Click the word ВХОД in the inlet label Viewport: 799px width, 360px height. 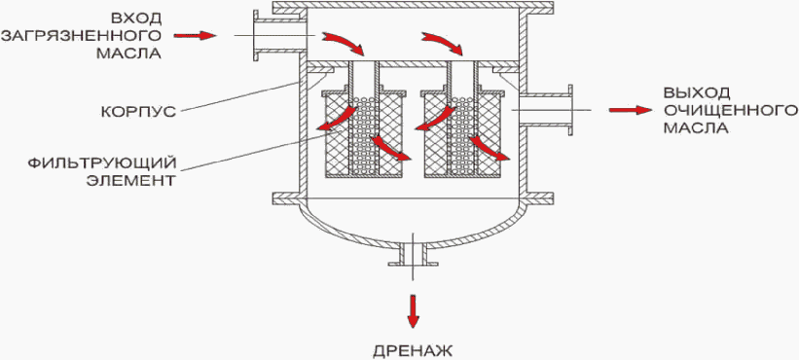coord(136,18)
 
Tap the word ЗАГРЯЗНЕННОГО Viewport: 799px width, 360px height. coord(82,36)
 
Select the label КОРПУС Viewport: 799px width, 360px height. coord(138,111)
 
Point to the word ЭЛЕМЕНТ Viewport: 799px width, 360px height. coord(130,181)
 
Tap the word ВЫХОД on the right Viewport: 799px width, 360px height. coord(697,92)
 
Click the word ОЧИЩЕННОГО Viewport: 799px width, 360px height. coord(730,110)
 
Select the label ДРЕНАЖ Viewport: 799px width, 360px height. coord(413,351)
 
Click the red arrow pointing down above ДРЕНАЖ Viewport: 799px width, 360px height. coord(414,310)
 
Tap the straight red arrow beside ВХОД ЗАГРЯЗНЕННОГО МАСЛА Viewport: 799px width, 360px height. coord(196,36)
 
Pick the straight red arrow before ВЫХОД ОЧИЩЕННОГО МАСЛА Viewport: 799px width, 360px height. coord(631,110)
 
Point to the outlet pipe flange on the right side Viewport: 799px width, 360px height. coord(569,111)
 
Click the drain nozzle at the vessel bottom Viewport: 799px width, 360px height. coord(413,255)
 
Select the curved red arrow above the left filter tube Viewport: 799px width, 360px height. coord(344,43)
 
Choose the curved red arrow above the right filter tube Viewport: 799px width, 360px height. coord(442,43)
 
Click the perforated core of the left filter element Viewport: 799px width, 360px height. coord(363,135)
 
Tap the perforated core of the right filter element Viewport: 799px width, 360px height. coord(462,135)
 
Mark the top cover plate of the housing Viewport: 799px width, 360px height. coord(413,8)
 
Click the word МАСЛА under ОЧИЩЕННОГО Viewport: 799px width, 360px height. coord(696,127)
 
